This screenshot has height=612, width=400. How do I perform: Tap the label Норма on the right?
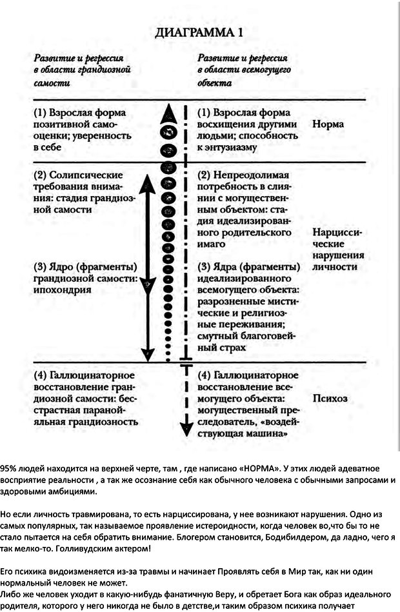[x=328, y=124]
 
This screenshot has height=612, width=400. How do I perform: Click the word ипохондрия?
[x=63, y=290]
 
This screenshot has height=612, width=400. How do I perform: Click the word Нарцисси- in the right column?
[x=336, y=232]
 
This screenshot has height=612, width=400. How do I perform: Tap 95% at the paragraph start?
[x=10, y=468]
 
